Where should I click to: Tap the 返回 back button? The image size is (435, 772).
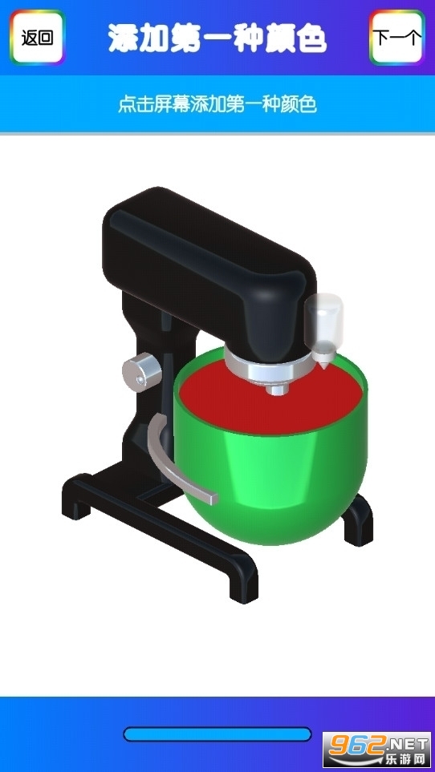(x=38, y=38)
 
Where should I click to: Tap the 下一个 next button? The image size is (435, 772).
(x=397, y=38)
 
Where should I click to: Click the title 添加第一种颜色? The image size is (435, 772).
(x=217, y=38)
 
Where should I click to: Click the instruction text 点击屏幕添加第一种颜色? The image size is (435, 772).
(x=217, y=104)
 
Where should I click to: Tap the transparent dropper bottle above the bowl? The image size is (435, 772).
(x=323, y=325)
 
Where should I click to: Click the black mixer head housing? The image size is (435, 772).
(x=207, y=261)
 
